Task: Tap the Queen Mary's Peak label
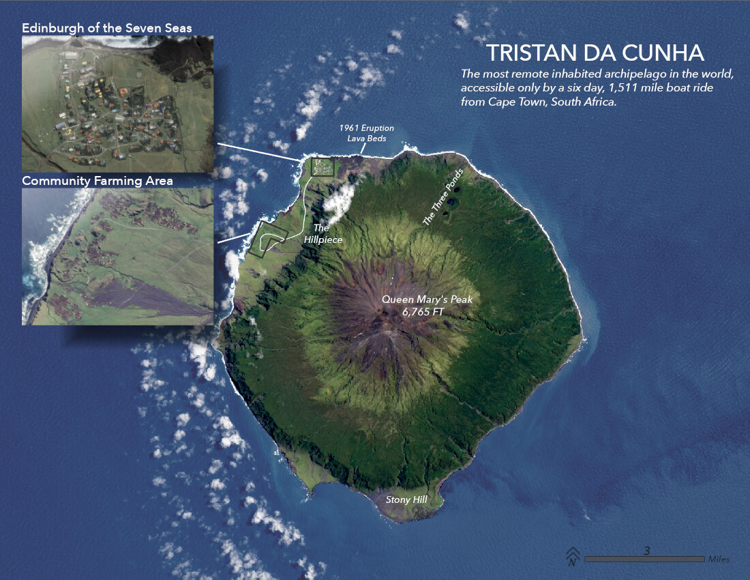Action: (x=427, y=299)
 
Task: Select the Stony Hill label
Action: (x=406, y=500)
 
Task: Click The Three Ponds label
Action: (x=443, y=197)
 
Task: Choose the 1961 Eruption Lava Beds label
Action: (x=367, y=133)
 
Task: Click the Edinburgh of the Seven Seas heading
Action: (x=107, y=28)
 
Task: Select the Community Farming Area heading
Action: (x=97, y=181)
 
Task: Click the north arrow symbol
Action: (x=572, y=557)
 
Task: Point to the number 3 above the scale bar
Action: (x=646, y=550)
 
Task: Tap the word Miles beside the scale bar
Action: (x=719, y=560)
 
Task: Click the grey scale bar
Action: (x=644, y=560)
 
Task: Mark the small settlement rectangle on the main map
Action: (x=322, y=166)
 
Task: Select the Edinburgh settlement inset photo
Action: (x=118, y=104)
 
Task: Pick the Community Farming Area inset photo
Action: (x=117, y=257)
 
